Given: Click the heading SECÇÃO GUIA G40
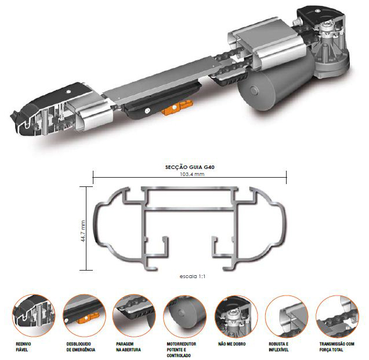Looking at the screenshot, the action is coord(190,167).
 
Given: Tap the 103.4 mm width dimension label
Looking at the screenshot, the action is coord(192,174).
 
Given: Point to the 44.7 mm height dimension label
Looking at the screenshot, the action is coord(83,231).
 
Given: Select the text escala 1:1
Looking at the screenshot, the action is coord(192,276).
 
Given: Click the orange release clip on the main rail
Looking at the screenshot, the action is coord(177,107).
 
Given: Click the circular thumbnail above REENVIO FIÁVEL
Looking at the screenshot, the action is coord(34,316).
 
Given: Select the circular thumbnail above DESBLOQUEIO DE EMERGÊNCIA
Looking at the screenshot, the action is coord(84,316).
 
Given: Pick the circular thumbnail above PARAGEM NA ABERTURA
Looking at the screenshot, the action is coord(135,316).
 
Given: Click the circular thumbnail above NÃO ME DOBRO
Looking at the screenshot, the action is coord(236,316).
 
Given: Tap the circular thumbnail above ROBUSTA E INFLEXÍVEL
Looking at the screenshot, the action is coord(287,316).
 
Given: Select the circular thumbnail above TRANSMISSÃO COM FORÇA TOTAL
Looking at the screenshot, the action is coord(337,316).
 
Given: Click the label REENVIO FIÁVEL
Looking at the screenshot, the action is coord(23,347).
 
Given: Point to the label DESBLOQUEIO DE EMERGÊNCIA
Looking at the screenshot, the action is coord(81,347).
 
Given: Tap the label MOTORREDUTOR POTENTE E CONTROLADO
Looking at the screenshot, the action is coord(181,350).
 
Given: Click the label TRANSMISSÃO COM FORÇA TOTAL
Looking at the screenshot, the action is coord(337,347).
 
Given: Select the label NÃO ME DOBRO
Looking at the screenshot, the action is coord(232,344).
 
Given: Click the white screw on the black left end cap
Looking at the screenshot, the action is coord(68,92).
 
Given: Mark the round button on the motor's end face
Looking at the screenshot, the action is coord(254,91).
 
